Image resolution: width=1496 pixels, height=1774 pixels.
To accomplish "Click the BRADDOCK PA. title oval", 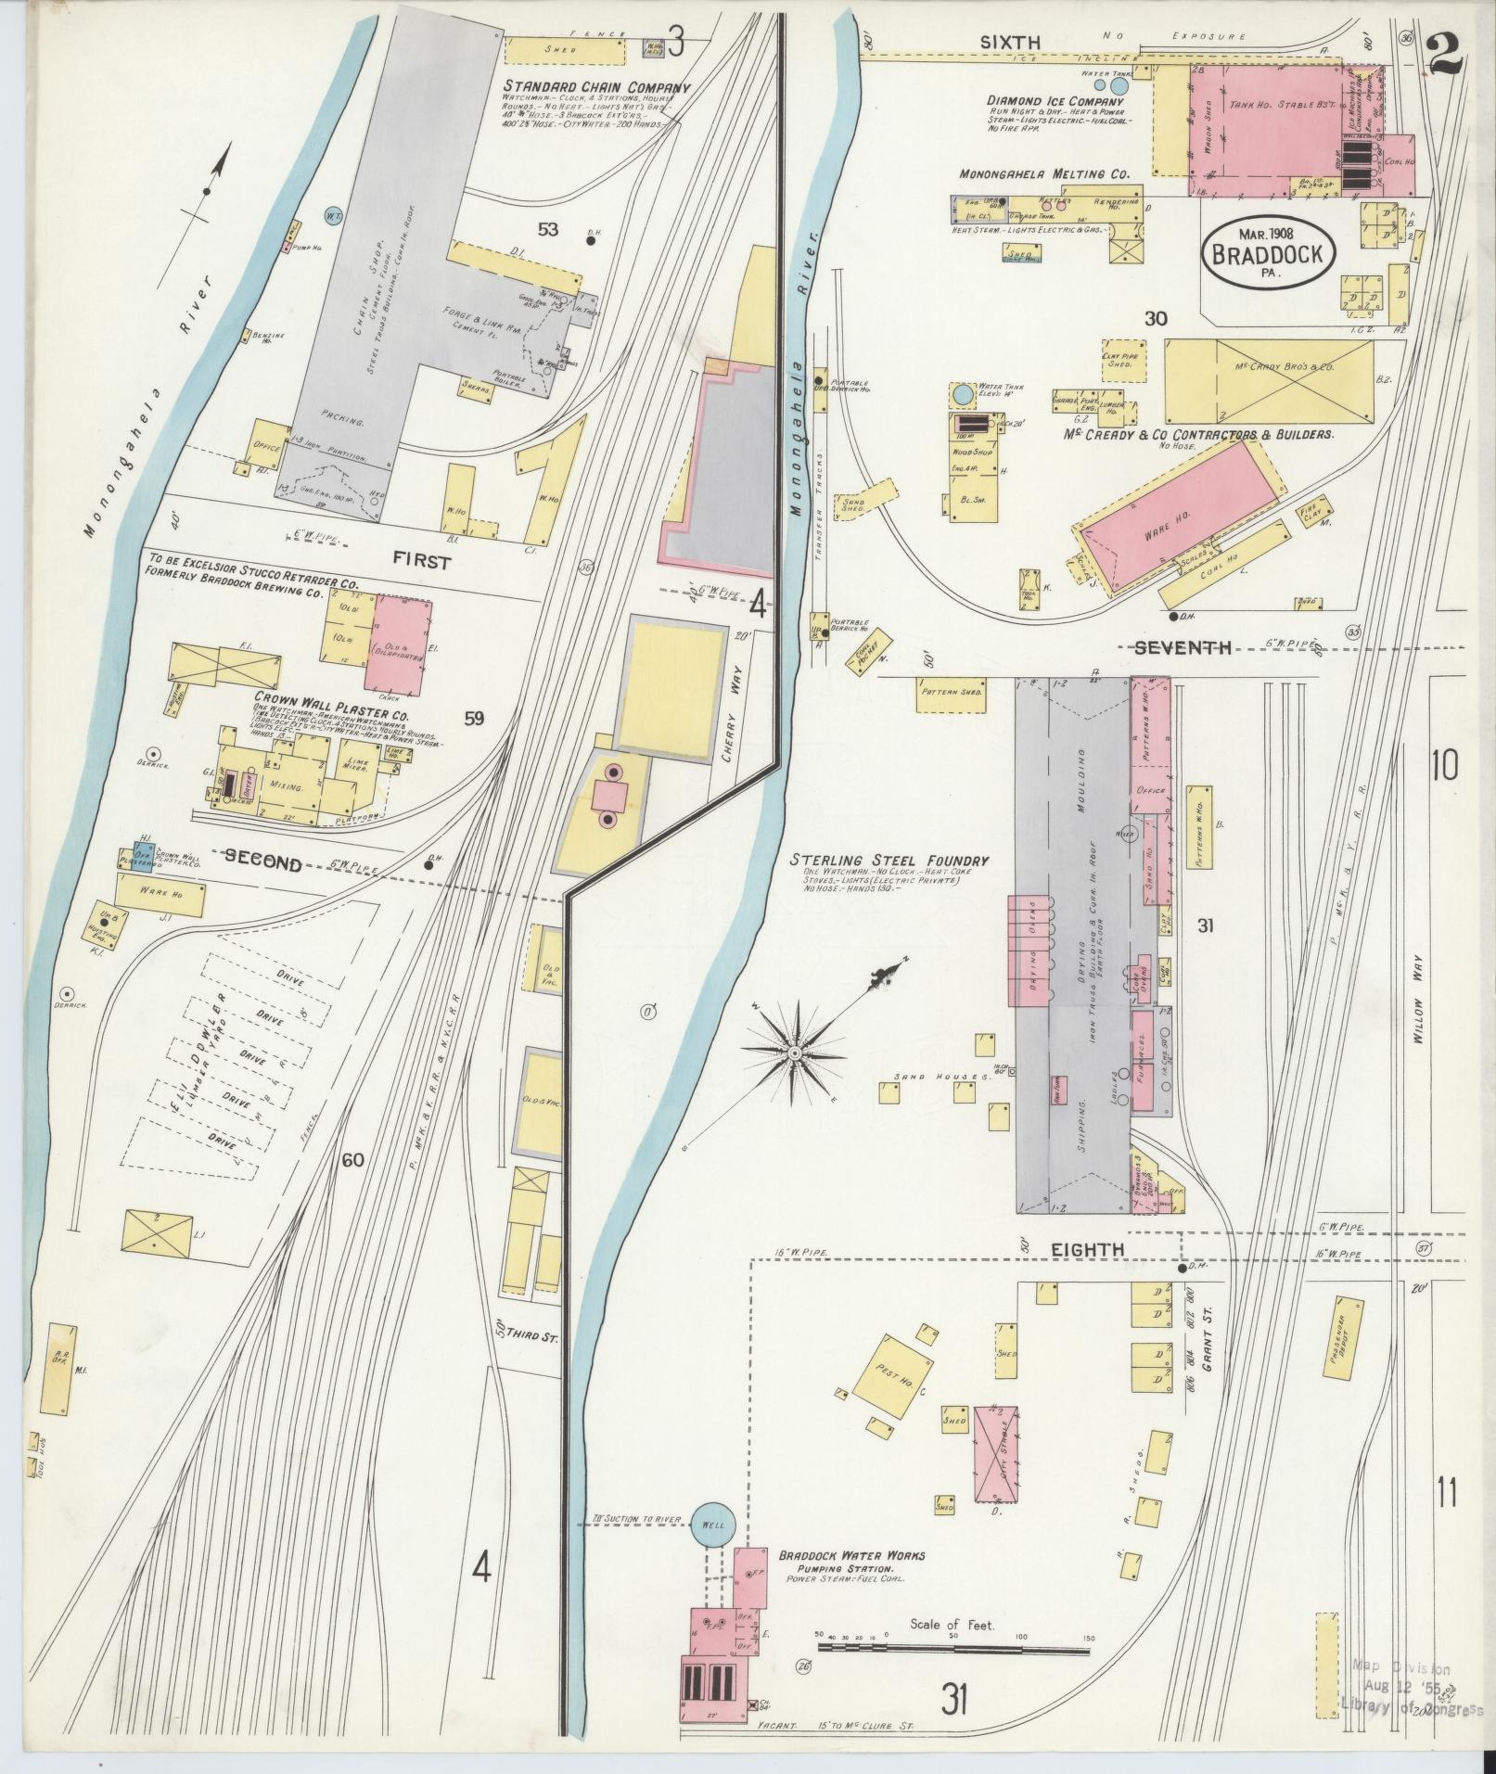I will click(1269, 250).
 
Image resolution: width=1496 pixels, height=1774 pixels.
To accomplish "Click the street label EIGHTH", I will click(1088, 1250).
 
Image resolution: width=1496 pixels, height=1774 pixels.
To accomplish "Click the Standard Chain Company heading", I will click(597, 88).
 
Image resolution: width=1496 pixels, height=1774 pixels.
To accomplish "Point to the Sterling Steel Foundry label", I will click(889, 861).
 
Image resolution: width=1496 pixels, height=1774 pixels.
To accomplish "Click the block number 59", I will click(474, 717).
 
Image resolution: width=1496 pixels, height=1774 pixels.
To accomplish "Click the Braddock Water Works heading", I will click(851, 1555).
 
